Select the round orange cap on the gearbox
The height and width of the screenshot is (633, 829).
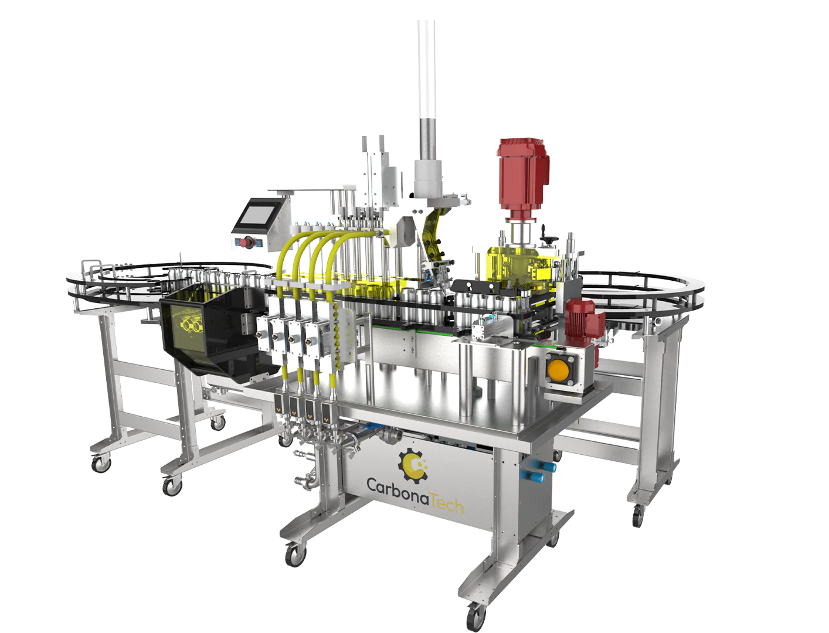tap(559, 370)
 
